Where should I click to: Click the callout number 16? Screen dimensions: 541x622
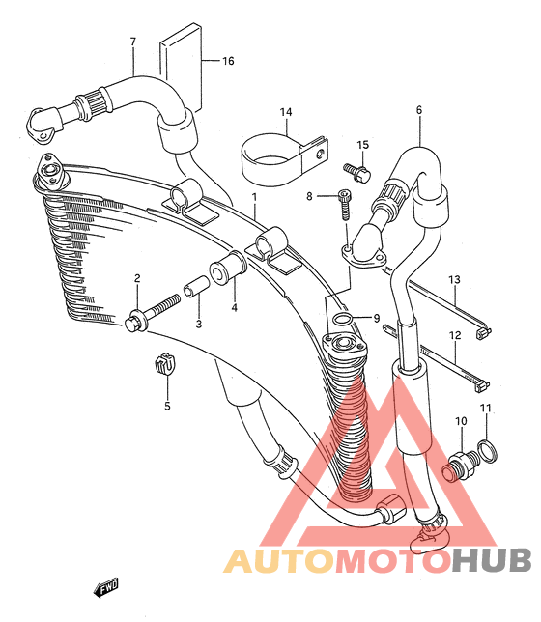click(x=228, y=61)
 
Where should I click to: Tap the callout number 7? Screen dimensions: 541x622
click(x=133, y=42)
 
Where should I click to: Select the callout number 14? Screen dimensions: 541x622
click(x=286, y=112)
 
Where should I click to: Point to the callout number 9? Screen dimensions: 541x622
click(x=376, y=318)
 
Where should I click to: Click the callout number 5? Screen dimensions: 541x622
click(x=167, y=407)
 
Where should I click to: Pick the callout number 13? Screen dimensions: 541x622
click(x=454, y=280)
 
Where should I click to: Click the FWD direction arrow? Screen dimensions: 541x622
click(x=106, y=587)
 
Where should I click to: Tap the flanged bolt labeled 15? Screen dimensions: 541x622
click(x=357, y=173)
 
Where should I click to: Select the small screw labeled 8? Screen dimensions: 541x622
click(x=345, y=205)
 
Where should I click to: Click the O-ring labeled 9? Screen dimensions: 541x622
click(x=343, y=319)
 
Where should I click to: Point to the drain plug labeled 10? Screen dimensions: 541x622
click(x=461, y=466)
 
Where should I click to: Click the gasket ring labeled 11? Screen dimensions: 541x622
click(x=488, y=451)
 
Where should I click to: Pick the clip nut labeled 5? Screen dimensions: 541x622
click(x=164, y=362)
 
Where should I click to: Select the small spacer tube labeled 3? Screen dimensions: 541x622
click(x=196, y=287)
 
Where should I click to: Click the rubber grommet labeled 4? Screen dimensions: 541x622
click(x=229, y=267)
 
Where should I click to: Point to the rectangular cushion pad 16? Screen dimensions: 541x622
click(x=181, y=70)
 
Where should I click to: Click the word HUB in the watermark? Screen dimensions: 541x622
click(x=492, y=560)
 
